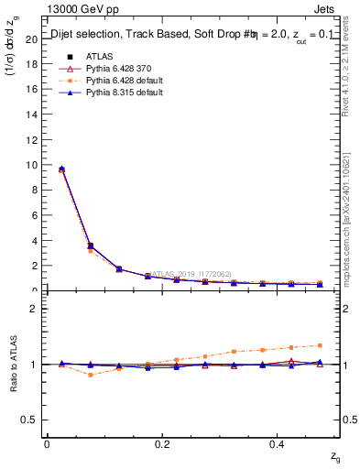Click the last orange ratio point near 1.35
(320, 345)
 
